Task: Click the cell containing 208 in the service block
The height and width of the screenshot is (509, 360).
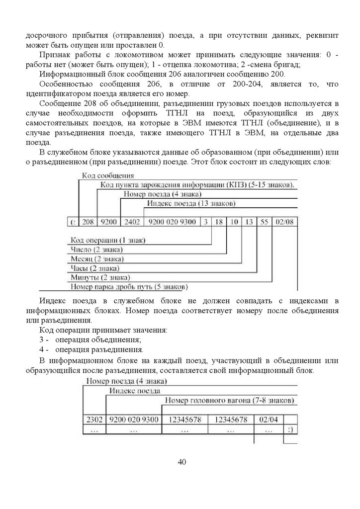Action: pos(88,222)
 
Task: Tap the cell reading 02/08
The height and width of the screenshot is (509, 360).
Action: pos(283,222)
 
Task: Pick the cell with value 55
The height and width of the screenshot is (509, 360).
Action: pos(265,222)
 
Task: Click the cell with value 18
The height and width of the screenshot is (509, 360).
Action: pos(218,222)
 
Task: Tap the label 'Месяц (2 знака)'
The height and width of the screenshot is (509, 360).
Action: pos(97,259)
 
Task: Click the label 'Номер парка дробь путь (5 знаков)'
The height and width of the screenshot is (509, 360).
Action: pos(129,287)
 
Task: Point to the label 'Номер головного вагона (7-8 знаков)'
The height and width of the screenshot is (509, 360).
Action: pos(229,401)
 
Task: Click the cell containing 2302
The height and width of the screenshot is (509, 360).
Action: pos(94,420)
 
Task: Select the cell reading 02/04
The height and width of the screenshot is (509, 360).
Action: pos(269,420)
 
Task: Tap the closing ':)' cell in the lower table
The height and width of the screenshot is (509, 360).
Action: pos(290,428)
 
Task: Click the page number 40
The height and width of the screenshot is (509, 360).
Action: pos(181,463)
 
